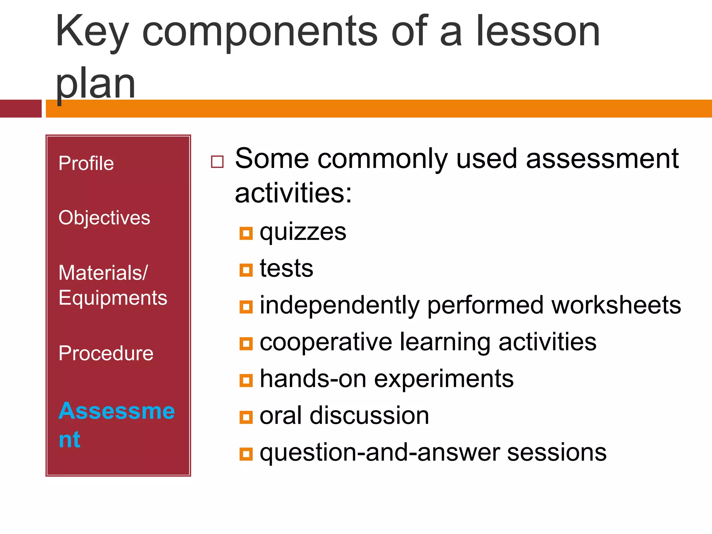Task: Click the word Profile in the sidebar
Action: (x=86, y=163)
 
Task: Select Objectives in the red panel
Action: (x=104, y=218)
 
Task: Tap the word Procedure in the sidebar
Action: (x=106, y=354)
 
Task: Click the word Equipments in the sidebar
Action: (x=113, y=298)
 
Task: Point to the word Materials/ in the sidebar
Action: (x=103, y=273)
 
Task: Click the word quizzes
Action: (x=303, y=232)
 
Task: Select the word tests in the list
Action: (x=286, y=269)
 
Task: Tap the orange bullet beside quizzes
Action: (x=246, y=234)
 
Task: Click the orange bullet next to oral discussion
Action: (x=246, y=417)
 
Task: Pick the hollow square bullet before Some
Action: (x=217, y=162)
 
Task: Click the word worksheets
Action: (x=616, y=305)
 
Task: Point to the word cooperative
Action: (x=326, y=342)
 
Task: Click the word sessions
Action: (x=557, y=453)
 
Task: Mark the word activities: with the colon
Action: (x=293, y=193)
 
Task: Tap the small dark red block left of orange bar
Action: (x=21, y=108)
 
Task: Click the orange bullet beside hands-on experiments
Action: (x=246, y=380)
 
